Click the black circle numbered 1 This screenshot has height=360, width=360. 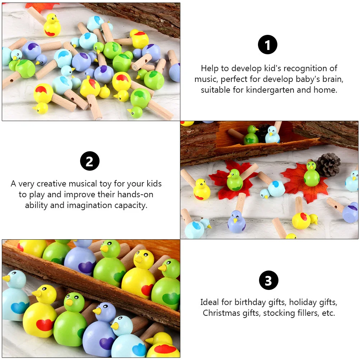[268, 46]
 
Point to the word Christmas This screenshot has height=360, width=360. [220, 313]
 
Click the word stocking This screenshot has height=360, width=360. [277, 313]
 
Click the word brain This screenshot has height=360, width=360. [327, 79]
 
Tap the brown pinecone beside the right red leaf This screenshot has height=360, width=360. [328, 165]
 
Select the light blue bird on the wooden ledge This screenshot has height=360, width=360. [272, 135]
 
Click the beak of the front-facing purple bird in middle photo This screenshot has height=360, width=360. [235, 220]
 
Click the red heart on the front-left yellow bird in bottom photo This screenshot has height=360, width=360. [45, 325]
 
